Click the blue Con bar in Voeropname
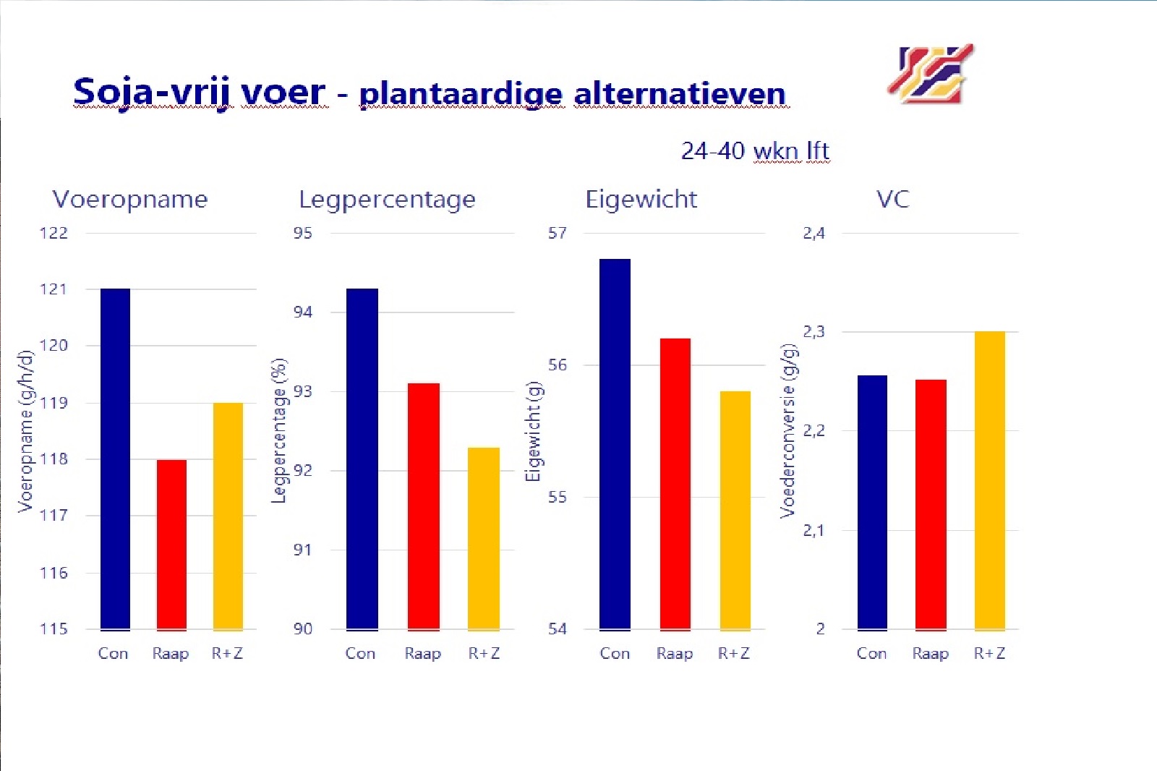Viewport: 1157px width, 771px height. [115, 459]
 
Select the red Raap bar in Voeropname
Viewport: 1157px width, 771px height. [171, 545]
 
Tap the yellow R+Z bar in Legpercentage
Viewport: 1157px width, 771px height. [483, 539]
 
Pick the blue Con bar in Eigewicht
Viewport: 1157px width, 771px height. [615, 444]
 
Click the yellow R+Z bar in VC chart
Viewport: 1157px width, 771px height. [989, 480]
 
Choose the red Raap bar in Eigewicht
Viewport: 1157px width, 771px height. [675, 484]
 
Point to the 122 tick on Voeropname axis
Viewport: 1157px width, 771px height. [54, 233]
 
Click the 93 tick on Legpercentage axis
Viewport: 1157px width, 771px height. [303, 391]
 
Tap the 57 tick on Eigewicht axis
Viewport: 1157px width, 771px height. [557, 233]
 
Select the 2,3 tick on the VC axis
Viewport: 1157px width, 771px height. [814, 332]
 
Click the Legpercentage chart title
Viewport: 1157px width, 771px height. [387, 199]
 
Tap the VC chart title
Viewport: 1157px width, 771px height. [892, 199]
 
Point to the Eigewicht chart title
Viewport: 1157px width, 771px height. [641, 199]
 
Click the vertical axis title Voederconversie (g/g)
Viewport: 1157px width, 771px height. [788, 430]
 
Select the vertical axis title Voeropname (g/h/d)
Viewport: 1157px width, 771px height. [26, 431]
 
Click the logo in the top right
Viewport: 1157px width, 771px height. [931, 73]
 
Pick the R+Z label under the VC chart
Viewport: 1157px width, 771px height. [989, 653]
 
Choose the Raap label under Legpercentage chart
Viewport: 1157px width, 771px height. [422, 653]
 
